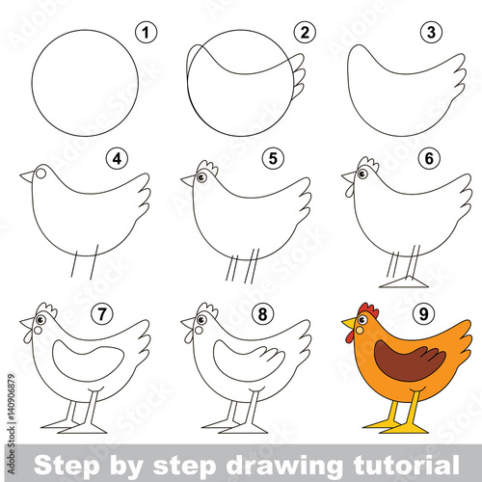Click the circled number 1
point(147,33)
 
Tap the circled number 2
point(305,32)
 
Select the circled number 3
point(431,32)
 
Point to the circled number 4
point(117,158)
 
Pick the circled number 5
point(273,158)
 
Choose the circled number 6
point(429,158)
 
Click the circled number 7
point(102,313)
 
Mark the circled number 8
point(262,313)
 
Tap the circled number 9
point(423,313)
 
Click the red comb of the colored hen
point(368,310)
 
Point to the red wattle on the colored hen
point(349,336)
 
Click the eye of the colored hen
point(362,320)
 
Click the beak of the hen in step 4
point(27,176)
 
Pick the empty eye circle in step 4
point(40,174)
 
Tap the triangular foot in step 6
point(404,282)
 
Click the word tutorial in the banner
point(406,465)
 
